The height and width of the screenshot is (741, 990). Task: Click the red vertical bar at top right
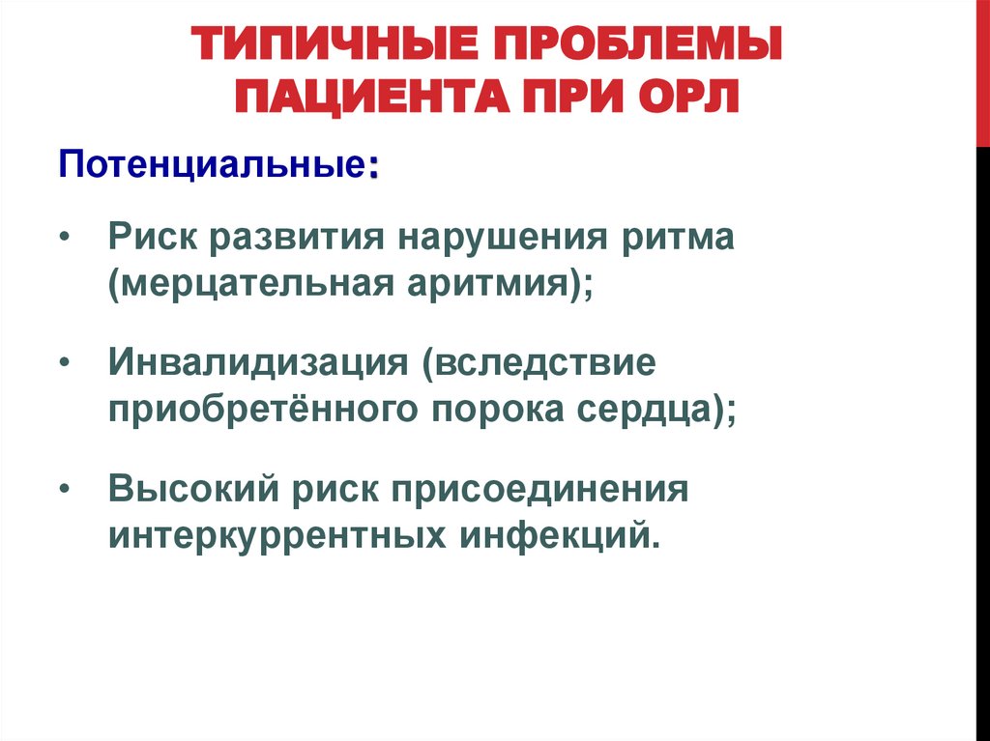[981, 72]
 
